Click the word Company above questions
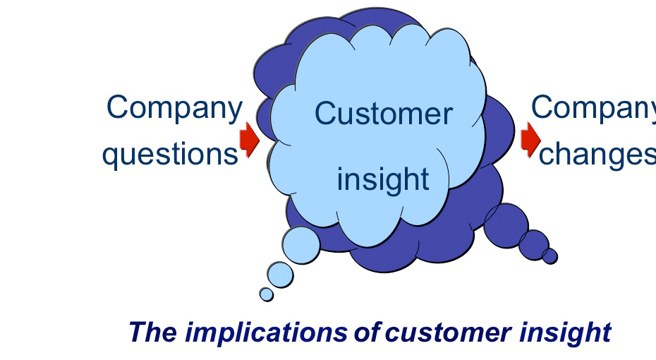tap(174, 108)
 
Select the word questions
tap(170, 153)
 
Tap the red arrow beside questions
tap(249, 138)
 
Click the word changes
tap(597, 153)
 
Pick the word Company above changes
tap(593, 108)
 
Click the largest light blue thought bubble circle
tap(301, 244)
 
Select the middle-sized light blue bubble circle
tap(280, 275)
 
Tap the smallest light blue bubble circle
tap(266, 294)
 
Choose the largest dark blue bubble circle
tap(506, 225)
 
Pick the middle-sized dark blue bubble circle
tap(534, 244)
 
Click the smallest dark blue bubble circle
tap(549, 256)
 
